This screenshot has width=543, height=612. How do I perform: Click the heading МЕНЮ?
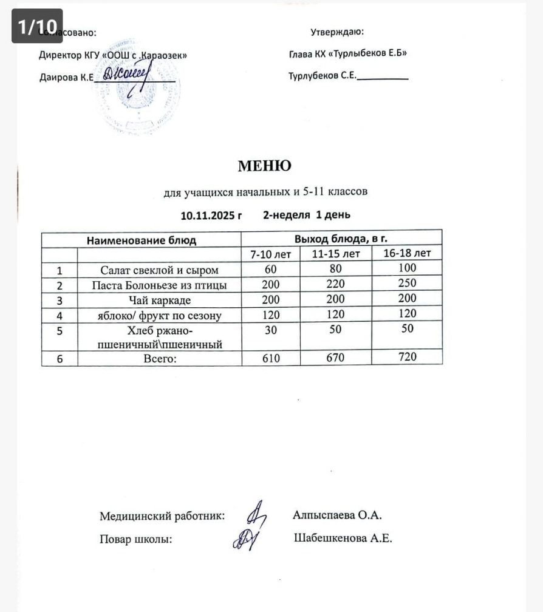(x=264, y=165)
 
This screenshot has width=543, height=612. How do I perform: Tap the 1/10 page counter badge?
(x=37, y=26)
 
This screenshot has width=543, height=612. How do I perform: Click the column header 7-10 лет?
(x=271, y=254)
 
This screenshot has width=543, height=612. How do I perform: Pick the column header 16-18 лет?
(x=408, y=253)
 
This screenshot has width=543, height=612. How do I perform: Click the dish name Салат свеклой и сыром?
(x=159, y=270)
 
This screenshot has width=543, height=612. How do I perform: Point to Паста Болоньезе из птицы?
(x=159, y=285)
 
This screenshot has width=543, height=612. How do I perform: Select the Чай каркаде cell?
(x=159, y=300)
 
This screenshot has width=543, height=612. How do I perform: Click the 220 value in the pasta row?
(x=335, y=284)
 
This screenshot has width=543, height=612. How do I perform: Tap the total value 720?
(x=408, y=357)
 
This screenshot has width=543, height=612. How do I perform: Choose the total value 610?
(x=271, y=358)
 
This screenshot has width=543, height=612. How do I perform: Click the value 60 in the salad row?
(x=271, y=269)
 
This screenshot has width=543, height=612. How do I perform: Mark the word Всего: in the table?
(x=159, y=359)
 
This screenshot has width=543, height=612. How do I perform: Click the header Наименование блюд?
(x=142, y=240)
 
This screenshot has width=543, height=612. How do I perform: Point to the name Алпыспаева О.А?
(x=337, y=515)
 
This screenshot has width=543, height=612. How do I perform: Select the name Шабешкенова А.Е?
(x=343, y=538)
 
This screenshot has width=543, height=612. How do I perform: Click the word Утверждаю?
(x=337, y=32)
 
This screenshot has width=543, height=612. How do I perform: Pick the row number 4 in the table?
(x=60, y=316)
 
